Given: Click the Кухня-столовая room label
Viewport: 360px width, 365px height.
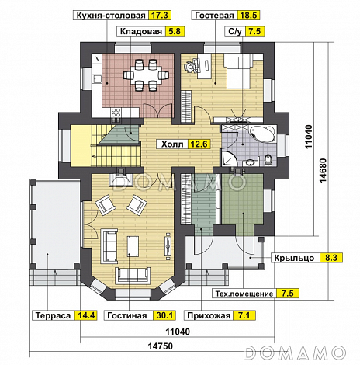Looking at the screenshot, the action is click(111, 16).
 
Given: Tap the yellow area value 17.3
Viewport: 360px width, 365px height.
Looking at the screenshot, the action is click(160, 16).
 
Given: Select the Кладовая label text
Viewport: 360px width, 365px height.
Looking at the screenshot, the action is click(141, 31).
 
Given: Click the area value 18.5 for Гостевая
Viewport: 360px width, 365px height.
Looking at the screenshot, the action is click(248, 16).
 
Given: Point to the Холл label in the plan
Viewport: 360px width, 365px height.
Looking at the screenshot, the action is click(172, 144).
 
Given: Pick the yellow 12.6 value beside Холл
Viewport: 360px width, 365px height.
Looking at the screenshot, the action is click(199, 144).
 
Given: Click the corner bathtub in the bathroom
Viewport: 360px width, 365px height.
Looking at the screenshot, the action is click(262, 134).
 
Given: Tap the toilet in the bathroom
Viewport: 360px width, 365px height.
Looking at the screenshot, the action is click(268, 159).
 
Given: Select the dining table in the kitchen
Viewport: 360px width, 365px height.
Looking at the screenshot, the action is click(146, 75).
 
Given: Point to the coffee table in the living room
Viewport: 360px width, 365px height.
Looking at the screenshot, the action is click(133, 245).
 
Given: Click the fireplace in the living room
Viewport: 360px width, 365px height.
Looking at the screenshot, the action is click(121, 179).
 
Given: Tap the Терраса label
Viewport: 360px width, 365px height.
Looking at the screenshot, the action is click(53, 315).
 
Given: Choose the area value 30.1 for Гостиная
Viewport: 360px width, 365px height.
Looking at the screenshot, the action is click(164, 315).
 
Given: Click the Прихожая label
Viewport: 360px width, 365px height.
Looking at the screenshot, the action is click(209, 315).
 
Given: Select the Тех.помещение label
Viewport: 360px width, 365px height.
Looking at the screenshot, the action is click(244, 294).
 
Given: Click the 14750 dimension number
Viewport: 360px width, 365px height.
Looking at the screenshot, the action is click(161, 346).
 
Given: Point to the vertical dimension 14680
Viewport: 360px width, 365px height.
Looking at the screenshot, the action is click(324, 170).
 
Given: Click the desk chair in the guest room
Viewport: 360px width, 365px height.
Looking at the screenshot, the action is click(191, 66).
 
